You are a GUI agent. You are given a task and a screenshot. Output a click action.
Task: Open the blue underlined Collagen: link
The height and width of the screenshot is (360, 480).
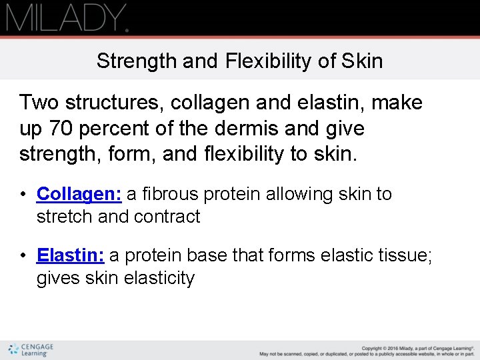79,194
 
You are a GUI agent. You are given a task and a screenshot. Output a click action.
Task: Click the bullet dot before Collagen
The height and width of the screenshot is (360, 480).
23,195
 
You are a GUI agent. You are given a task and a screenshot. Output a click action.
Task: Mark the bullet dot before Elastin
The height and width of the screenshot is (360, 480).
23,256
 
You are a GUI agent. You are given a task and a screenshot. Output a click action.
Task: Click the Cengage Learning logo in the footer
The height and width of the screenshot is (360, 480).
31,350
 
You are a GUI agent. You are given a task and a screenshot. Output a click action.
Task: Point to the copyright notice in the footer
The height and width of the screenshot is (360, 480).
366,351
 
